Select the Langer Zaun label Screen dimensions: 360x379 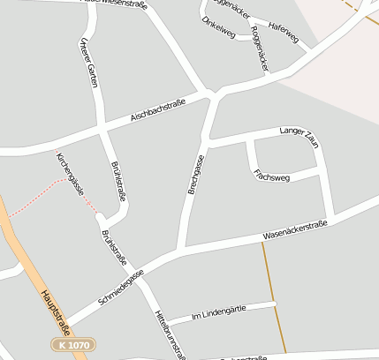pos(298,133)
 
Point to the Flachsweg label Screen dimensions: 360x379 pos(271,175)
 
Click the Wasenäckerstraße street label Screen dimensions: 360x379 pos(295,231)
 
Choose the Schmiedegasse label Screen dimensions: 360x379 pos(121,287)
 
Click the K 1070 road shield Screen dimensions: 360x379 pos(72,344)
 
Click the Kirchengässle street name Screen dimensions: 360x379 pos(70,173)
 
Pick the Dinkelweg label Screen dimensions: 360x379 pos(218,29)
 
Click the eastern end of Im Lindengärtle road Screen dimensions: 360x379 pos(274,304)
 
